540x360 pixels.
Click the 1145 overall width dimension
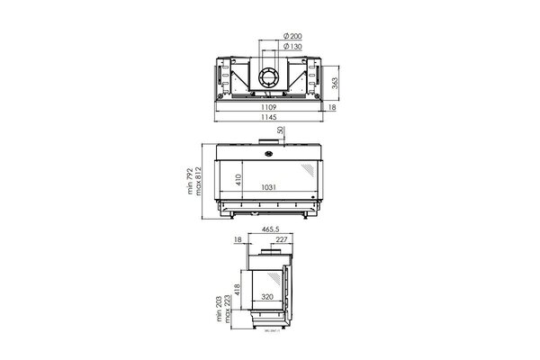coord(270,117)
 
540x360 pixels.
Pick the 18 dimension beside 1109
coord(332,107)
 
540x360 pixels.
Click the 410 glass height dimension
coord(240,178)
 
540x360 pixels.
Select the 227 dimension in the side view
coord(282,239)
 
